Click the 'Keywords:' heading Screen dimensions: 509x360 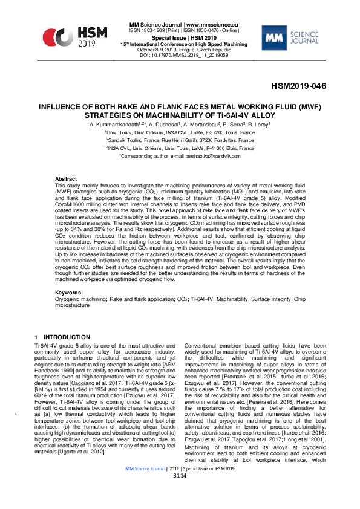tap(69, 292)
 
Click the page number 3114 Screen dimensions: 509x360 tap(180, 493)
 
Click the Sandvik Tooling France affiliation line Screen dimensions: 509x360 tap(180, 140)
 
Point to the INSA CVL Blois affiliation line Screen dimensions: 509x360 tap(180, 148)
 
